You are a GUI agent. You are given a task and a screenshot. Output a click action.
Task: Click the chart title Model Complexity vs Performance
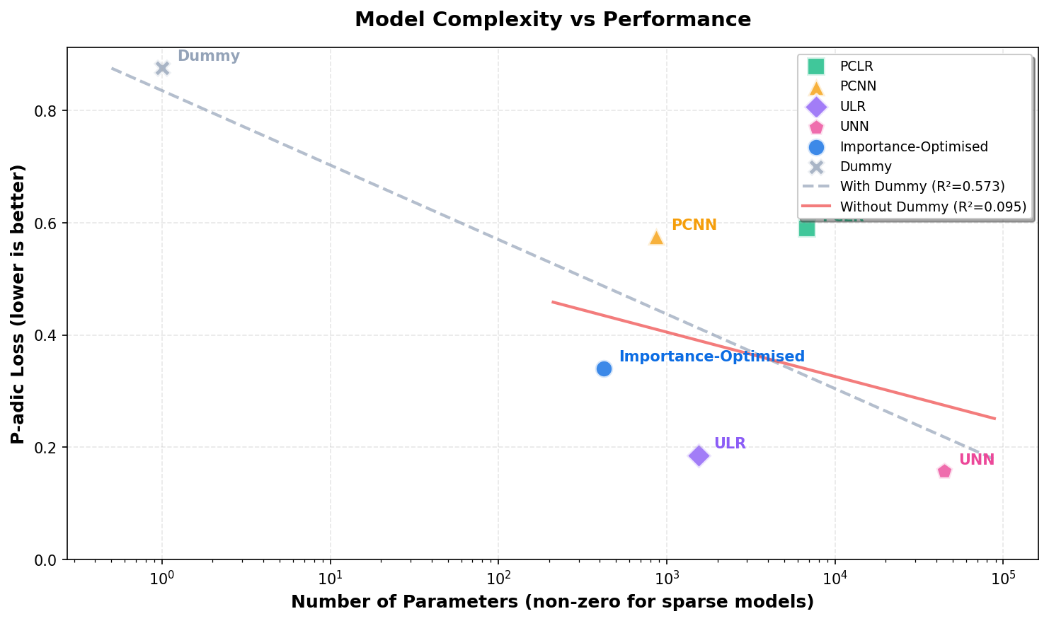point(552,19)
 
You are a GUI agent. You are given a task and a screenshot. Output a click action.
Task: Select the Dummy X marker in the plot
point(162,68)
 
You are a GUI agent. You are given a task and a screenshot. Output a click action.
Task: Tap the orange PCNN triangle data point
point(656,238)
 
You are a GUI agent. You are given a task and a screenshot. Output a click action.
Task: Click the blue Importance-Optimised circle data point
point(604,368)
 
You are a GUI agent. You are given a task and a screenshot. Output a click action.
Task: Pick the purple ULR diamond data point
point(699,455)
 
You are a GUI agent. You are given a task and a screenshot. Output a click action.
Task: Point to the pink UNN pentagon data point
point(944,471)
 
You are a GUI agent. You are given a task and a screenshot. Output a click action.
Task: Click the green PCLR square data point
point(806,228)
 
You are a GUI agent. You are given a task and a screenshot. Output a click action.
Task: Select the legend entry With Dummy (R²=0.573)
point(922,187)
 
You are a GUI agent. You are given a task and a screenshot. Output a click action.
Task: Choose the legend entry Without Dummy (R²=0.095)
point(933,207)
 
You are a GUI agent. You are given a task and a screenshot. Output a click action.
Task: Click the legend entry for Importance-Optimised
point(914,146)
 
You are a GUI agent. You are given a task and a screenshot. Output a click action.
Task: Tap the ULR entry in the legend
point(852,106)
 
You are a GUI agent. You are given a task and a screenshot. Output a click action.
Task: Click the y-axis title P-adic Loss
point(18,304)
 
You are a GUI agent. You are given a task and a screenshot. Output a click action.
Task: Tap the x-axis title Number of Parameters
point(552,602)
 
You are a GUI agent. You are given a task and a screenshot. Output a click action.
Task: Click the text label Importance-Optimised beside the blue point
point(711,356)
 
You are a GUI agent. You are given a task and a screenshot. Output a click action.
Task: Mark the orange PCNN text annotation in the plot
point(694,225)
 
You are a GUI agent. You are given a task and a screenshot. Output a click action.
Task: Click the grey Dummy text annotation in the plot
point(208,56)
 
